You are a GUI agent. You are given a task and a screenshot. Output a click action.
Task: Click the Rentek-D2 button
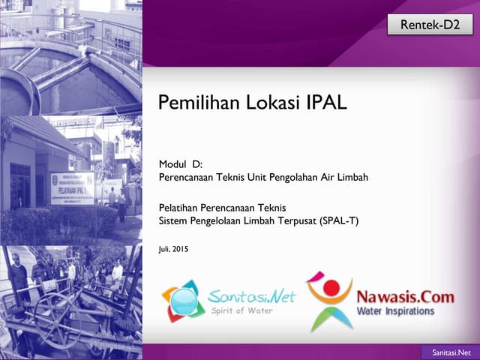(430, 25)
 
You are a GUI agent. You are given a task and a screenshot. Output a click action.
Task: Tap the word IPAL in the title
(328, 103)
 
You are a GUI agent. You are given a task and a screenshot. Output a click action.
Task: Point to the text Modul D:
(181, 165)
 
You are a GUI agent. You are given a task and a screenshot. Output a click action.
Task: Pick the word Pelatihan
(181, 207)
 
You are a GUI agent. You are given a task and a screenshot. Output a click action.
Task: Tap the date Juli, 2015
(174, 248)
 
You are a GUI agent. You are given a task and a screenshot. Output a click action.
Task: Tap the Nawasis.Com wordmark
(405, 297)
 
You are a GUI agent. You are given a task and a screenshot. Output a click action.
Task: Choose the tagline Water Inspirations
(395, 310)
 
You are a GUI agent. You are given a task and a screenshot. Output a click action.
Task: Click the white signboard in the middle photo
(72, 188)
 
